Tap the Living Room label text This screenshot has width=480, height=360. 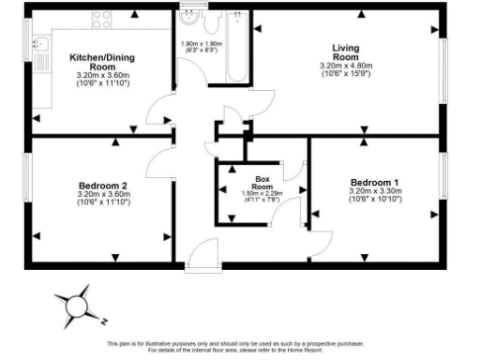346,52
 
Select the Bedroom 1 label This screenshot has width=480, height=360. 375,182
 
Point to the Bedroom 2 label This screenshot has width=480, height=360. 104,186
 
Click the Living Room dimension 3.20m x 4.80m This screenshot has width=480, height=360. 346,67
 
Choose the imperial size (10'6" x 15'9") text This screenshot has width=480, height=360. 346,74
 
